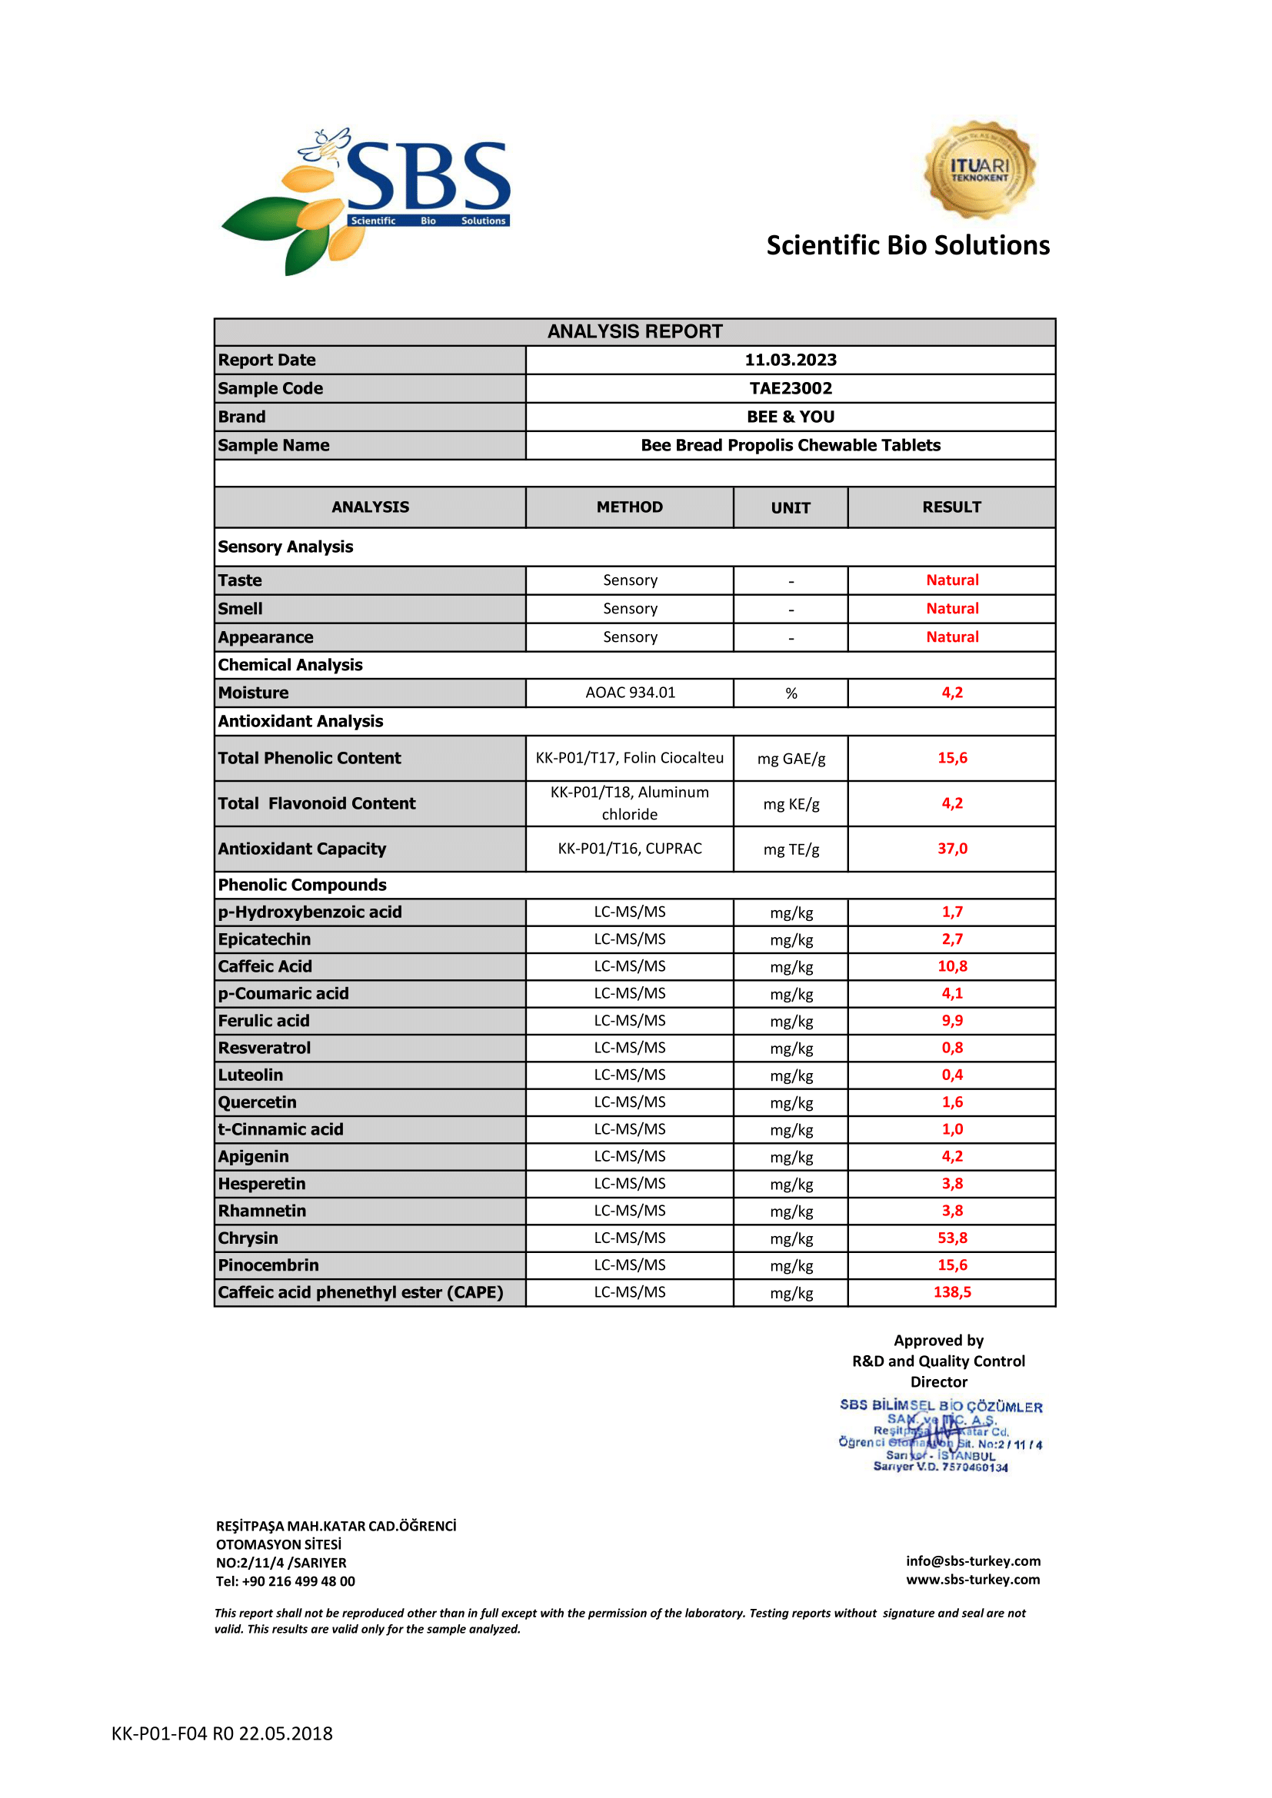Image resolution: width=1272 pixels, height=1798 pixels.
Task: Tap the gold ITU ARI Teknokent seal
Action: pyautogui.click(x=979, y=170)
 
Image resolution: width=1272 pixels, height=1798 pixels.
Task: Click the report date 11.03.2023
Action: pyautogui.click(x=791, y=361)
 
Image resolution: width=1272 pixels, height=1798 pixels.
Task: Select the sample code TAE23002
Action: pyautogui.click(x=791, y=388)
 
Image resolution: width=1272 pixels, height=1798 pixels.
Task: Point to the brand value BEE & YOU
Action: pyautogui.click(x=791, y=417)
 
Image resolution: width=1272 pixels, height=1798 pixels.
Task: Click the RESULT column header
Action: pyautogui.click(x=951, y=507)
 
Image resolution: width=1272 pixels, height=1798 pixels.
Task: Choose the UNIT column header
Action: pyautogui.click(x=791, y=508)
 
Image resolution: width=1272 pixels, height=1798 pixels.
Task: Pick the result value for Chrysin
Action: pyautogui.click(x=951, y=1238)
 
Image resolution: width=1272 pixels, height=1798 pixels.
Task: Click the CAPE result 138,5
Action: pyautogui.click(x=951, y=1292)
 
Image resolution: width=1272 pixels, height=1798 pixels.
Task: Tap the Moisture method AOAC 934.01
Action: pyautogui.click(x=630, y=693)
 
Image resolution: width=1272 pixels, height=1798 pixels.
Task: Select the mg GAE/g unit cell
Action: pyautogui.click(x=791, y=759)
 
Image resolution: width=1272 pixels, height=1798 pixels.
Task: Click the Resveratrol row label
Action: pyautogui.click(x=265, y=1048)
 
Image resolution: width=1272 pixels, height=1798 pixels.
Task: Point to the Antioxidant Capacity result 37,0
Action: pyautogui.click(x=951, y=849)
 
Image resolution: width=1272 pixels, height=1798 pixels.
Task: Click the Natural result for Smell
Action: pyautogui.click(x=951, y=609)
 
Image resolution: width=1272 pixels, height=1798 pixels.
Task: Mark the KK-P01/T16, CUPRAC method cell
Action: pyautogui.click(x=630, y=849)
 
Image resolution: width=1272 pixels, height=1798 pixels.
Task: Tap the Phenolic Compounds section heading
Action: pyautogui.click(x=302, y=885)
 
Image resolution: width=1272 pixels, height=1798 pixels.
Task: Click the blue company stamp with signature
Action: pyautogui.click(x=941, y=1436)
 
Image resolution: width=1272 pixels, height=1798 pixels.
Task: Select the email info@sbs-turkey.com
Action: pyautogui.click(x=973, y=1561)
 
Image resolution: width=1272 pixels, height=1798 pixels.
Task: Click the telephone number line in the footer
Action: pyautogui.click(x=286, y=1581)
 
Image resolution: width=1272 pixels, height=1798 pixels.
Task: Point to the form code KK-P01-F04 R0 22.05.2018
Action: pyautogui.click(x=221, y=1733)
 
